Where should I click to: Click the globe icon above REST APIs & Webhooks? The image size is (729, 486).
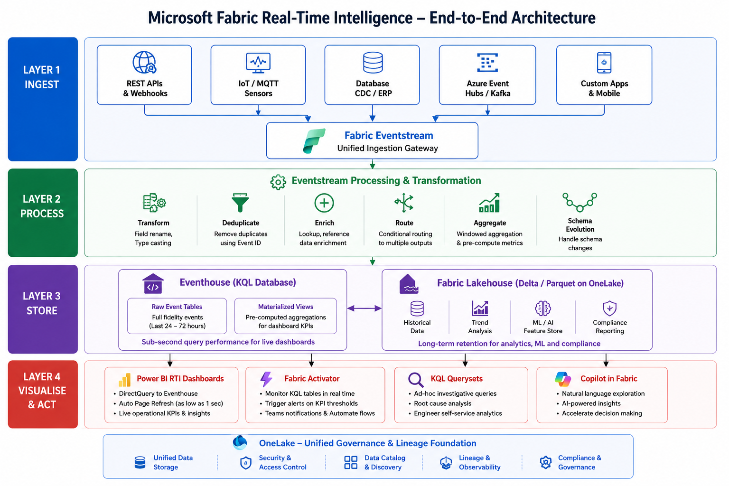pyautogui.click(x=144, y=62)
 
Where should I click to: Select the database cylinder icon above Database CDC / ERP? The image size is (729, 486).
pyautogui.click(x=373, y=62)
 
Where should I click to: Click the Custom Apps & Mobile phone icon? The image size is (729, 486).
pyautogui.click(x=604, y=63)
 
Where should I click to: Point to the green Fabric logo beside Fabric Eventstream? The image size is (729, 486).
pyautogui.click(x=314, y=140)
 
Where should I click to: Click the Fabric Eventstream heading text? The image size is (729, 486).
pyautogui.click(x=389, y=135)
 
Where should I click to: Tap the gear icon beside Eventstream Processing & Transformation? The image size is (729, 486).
pyautogui.click(x=278, y=182)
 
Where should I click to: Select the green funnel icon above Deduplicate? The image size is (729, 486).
pyautogui.click(x=240, y=203)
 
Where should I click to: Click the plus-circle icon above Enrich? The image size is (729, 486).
pyautogui.click(x=324, y=203)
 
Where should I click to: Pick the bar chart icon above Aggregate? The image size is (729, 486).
pyautogui.click(x=489, y=203)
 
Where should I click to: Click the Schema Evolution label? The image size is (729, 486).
pyautogui.click(x=580, y=225)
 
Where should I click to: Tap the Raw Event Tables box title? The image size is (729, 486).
pyautogui.click(x=177, y=307)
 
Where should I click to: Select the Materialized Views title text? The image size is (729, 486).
pyautogui.click(x=285, y=307)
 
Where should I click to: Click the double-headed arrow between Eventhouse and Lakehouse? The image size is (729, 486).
pyautogui.click(x=364, y=308)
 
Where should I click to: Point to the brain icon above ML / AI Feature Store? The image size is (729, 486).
pyautogui.click(x=542, y=308)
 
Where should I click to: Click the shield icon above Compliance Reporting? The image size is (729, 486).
pyautogui.click(x=609, y=308)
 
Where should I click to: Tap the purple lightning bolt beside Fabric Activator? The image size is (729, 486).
pyautogui.click(x=266, y=379)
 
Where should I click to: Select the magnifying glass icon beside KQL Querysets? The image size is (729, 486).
pyautogui.click(x=416, y=380)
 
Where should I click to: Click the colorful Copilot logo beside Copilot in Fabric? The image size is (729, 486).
pyautogui.click(x=563, y=379)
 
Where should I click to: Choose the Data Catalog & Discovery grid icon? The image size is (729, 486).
pyautogui.click(x=351, y=462)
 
